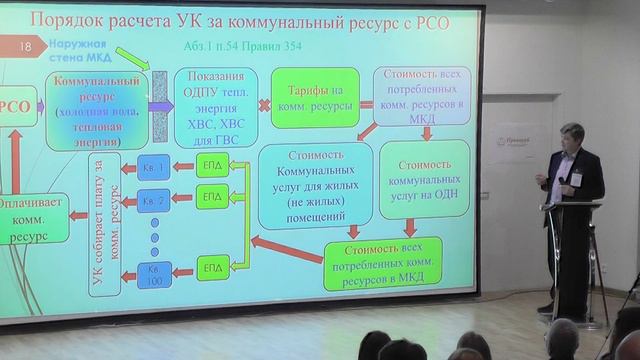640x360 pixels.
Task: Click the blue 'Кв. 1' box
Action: point(153,167)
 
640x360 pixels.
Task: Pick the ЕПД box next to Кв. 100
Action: point(211,269)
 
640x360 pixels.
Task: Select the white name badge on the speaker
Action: point(574,180)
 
